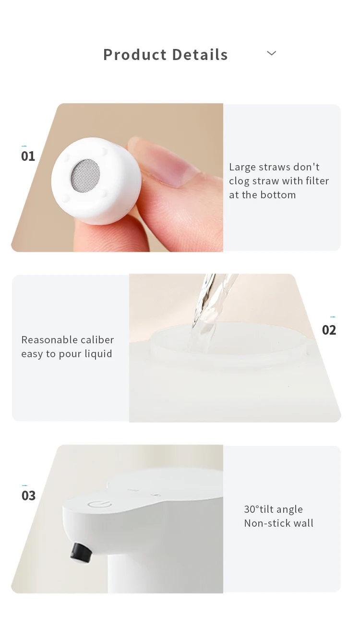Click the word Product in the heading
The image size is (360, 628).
tap(135, 54)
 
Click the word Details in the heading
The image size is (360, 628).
tap(200, 54)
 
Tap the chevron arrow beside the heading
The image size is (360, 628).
tap(271, 53)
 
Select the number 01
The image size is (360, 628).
tap(28, 157)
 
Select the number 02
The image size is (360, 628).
tap(329, 330)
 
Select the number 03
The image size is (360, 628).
tap(29, 495)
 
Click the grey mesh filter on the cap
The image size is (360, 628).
tap(85, 174)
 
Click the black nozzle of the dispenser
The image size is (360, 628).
tap(81, 552)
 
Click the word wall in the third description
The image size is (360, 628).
tap(302, 523)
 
